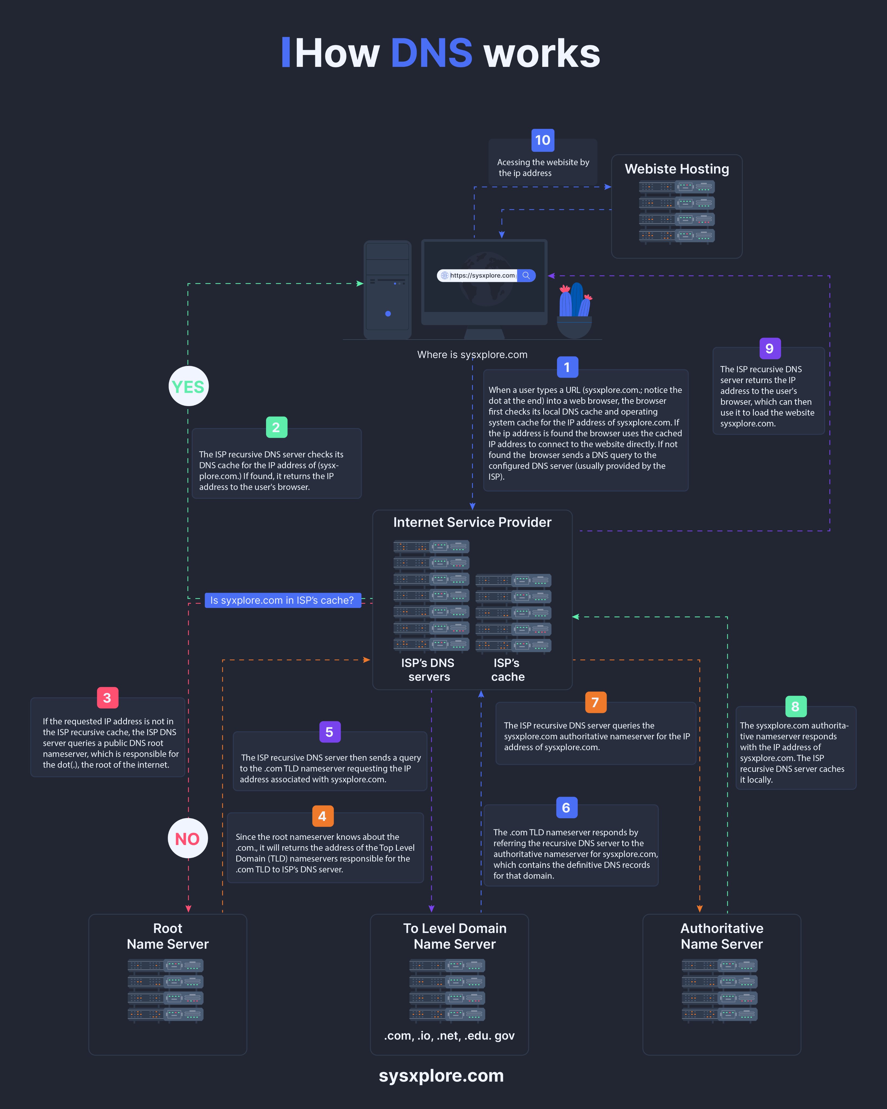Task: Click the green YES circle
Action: click(x=188, y=386)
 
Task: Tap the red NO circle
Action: click(x=188, y=839)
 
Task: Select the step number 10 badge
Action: click(x=542, y=140)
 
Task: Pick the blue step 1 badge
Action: click(x=567, y=367)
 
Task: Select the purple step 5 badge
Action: click(x=330, y=732)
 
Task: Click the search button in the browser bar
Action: click(x=526, y=276)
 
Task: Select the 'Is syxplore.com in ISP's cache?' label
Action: click(x=282, y=600)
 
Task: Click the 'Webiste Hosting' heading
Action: click(x=677, y=169)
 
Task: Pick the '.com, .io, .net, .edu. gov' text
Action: click(x=449, y=1035)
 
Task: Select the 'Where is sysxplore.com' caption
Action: click(x=472, y=354)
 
